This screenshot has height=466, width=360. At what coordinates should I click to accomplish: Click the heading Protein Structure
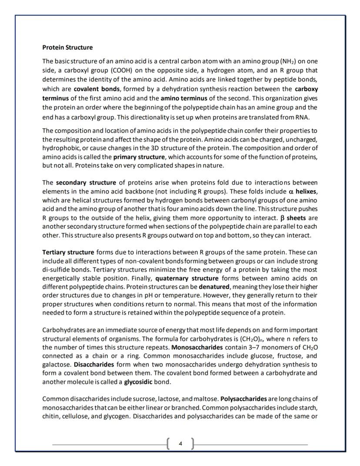coord(67,47)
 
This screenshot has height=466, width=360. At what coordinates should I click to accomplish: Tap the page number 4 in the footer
coord(180,444)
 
